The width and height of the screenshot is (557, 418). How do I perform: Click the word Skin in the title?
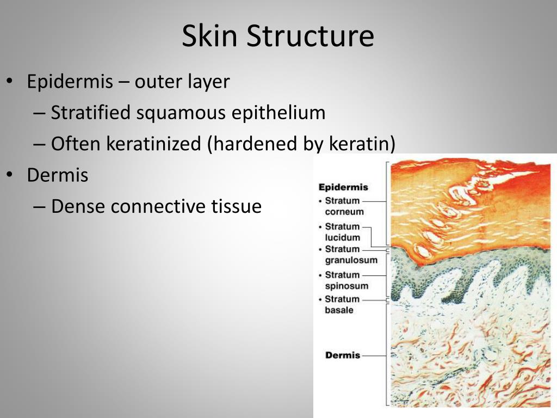210,36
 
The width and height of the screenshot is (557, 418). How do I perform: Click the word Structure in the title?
310,36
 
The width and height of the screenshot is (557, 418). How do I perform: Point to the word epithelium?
278,113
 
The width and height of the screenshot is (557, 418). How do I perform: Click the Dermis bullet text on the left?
58,175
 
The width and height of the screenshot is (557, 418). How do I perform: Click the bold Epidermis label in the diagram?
343,187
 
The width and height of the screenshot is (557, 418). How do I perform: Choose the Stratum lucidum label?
342,232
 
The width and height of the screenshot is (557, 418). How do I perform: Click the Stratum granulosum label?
350,255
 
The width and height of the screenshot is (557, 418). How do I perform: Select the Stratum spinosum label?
346,280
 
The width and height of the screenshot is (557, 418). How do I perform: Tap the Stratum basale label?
342,304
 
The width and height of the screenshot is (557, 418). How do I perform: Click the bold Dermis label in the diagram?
343,355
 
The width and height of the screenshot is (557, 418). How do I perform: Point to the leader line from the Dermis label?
374,355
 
